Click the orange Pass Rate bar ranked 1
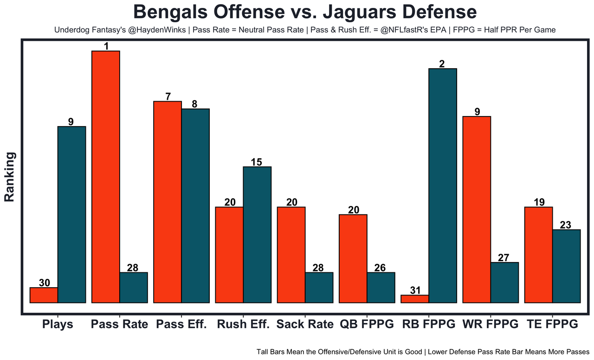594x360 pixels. tap(106, 176)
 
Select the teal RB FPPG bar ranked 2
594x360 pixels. tap(443, 186)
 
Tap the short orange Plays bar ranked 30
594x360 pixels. tap(44, 295)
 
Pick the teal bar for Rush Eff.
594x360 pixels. tap(257, 234)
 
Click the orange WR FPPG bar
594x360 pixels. tap(477, 209)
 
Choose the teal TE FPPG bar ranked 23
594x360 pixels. tap(566, 266)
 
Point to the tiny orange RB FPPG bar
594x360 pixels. tap(415, 299)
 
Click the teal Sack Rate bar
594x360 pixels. tap(319, 287)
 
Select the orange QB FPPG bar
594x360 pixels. tap(353, 258)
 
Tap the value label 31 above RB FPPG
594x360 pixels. tap(415, 290)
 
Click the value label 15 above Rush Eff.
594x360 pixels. tap(257, 162)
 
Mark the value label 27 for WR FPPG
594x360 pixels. tap(504, 257)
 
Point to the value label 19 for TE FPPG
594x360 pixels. tap(538, 202)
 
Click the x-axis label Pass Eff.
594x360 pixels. tap(181, 324)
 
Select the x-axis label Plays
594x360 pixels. tap(58, 324)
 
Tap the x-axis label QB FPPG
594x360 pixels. tap(367, 324)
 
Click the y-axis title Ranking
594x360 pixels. tap(10, 177)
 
